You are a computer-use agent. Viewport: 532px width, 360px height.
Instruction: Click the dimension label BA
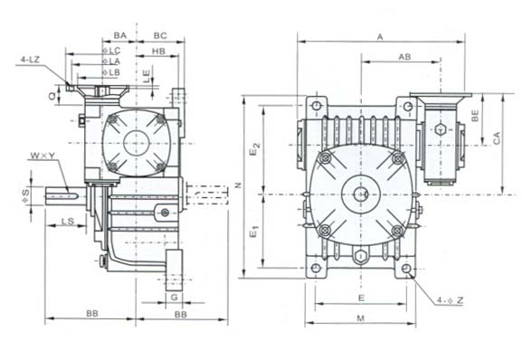pos(119,35)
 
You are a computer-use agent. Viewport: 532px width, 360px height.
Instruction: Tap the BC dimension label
pos(160,35)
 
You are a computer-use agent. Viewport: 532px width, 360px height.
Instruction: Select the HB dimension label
pos(158,51)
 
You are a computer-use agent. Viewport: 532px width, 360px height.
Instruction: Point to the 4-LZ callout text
pos(30,60)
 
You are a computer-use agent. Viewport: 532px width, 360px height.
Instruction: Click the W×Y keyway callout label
pos(43,156)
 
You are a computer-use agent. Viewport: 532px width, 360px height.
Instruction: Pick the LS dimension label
pos(68,222)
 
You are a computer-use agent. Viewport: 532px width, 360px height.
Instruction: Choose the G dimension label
pos(174,298)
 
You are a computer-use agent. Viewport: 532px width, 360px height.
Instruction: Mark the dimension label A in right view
pos(380,37)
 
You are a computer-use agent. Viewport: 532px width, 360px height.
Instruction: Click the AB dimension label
pos(404,57)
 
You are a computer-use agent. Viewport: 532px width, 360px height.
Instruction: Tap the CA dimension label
pos(497,138)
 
